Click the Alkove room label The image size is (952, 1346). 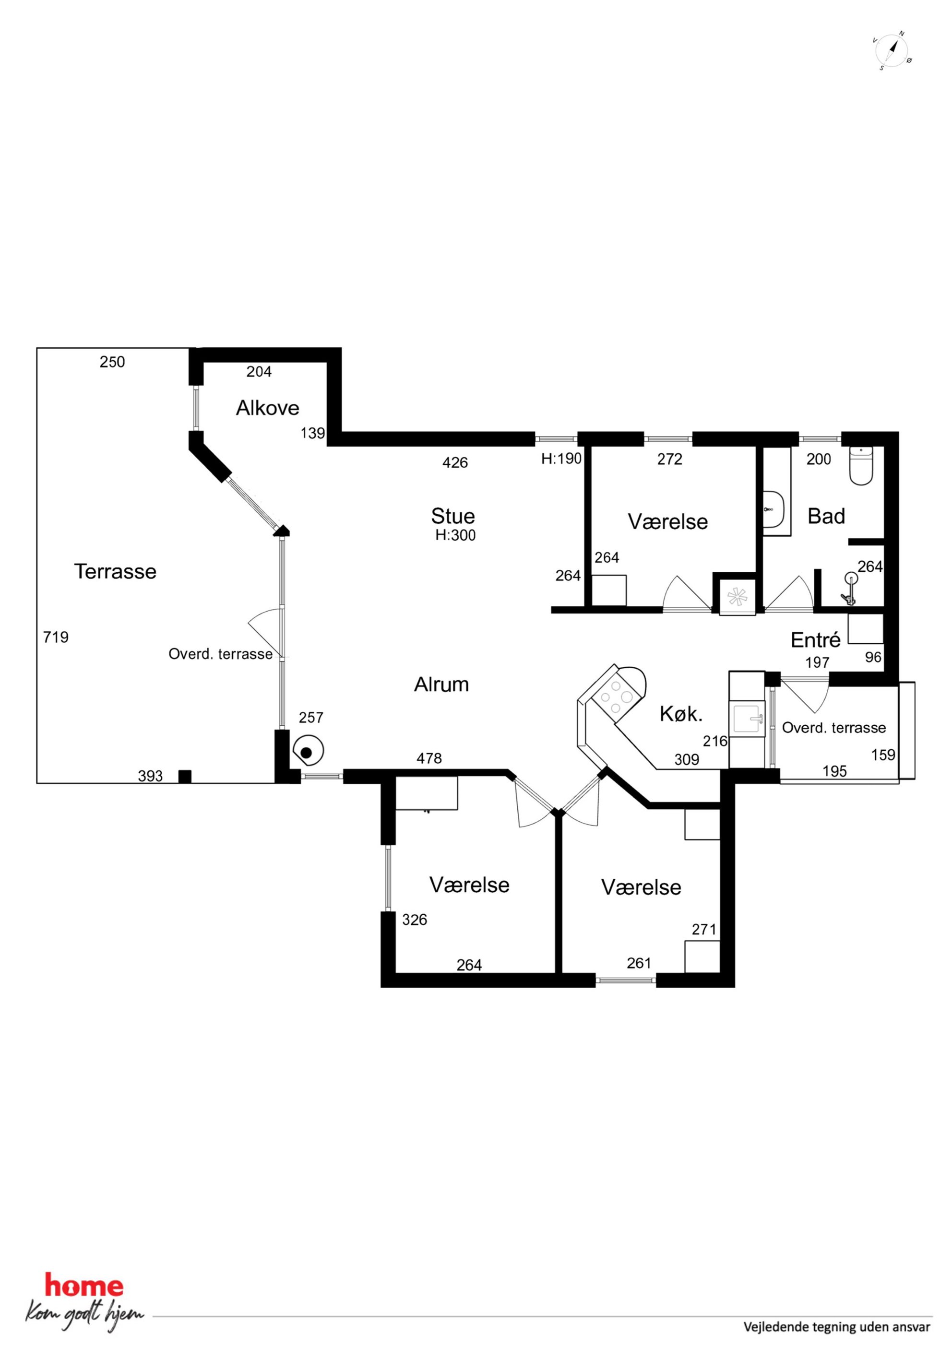(x=267, y=408)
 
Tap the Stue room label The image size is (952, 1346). (x=453, y=516)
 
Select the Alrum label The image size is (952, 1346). (x=441, y=684)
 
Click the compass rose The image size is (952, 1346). (x=892, y=51)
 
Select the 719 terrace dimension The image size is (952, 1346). (x=56, y=637)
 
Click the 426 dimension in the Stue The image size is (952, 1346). (x=455, y=462)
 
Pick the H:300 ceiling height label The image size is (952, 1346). (x=455, y=535)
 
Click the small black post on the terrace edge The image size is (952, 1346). (x=185, y=776)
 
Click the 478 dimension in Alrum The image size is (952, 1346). (x=429, y=758)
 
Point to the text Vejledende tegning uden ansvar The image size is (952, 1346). (x=837, y=1327)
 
